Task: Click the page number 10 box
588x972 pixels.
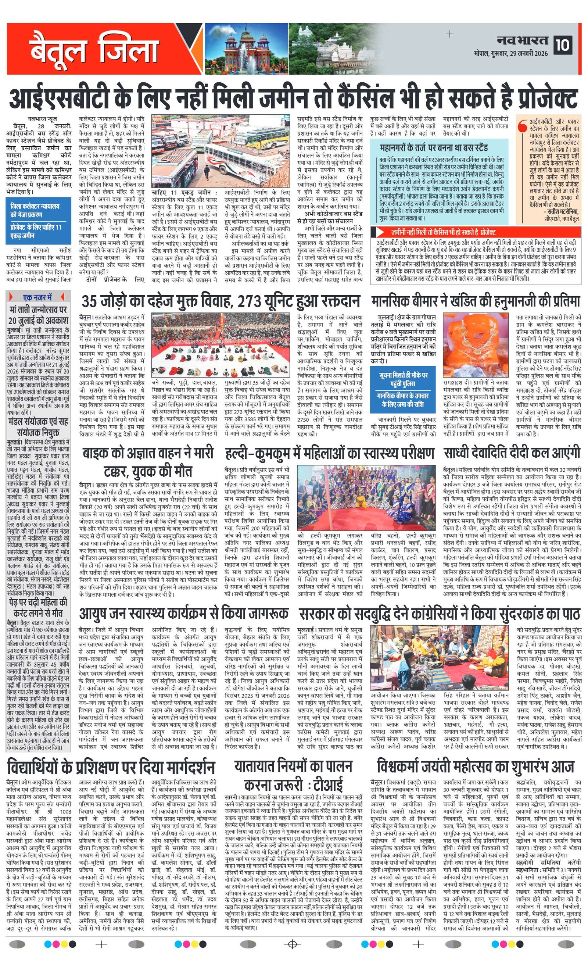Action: point(563,44)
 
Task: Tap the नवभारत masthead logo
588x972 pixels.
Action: point(522,40)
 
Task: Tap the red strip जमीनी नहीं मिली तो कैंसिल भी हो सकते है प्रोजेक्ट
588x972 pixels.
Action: point(475,232)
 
